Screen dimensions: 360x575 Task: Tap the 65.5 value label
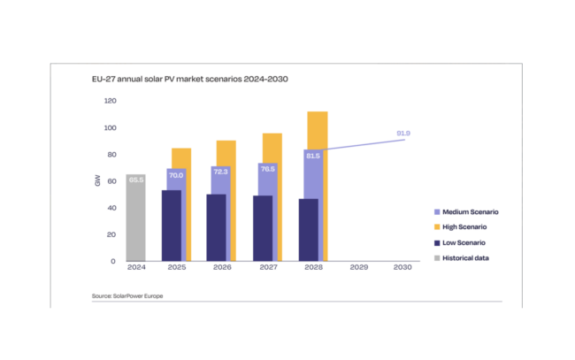[136, 180]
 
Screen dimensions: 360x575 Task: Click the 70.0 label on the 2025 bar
[176, 175]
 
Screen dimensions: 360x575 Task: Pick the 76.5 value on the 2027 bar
[267, 168]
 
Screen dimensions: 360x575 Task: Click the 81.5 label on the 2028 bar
[313, 156]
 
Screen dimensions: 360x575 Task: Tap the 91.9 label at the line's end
[403, 134]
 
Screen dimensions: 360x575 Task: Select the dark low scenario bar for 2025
[171, 226]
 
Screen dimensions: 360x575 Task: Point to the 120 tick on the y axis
[110, 101]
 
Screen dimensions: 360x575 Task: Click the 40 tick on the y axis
[111, 208]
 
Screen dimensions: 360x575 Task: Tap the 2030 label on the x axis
[403, 266]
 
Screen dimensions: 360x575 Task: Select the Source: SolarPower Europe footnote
[127, 295]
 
